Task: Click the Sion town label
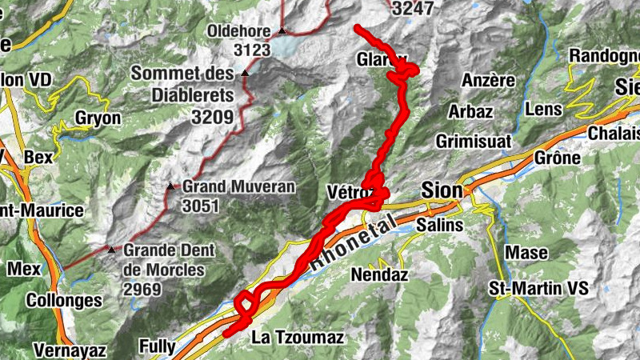(442, 190)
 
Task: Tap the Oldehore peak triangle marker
(282, 32)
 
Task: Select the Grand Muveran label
(238, 187)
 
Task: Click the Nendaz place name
(379, 275)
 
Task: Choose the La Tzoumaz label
(298, 338)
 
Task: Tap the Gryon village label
(98, 118)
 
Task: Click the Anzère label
(488, 81)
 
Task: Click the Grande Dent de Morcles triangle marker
(111, 250)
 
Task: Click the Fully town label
(158, 346)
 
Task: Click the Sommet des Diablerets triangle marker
(246, 74)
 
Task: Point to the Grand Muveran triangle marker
(170, 187)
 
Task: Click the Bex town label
(38, 158)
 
